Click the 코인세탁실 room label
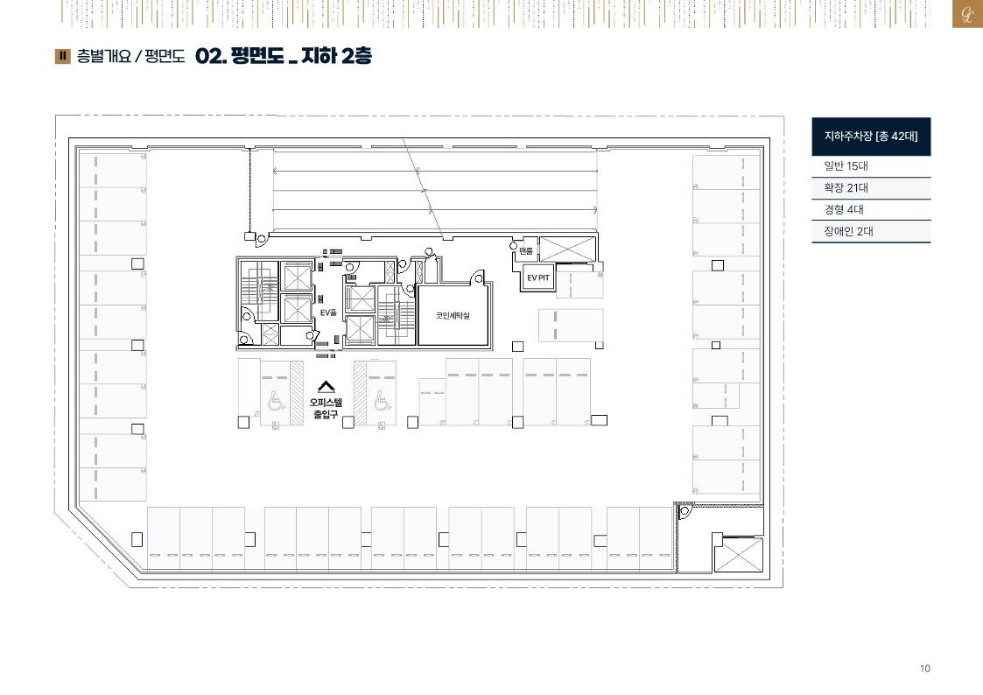452,315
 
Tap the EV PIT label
537,277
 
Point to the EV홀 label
328,312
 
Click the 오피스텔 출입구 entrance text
326,408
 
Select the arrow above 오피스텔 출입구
326,387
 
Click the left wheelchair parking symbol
275,399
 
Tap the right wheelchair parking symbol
382,399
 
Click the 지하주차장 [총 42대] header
871,136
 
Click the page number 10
924,669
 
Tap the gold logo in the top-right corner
967,14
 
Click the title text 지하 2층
337,56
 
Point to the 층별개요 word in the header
103,56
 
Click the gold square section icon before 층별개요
63,56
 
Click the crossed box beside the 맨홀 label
566,249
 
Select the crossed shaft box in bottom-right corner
739,554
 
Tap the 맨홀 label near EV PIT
526,251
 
